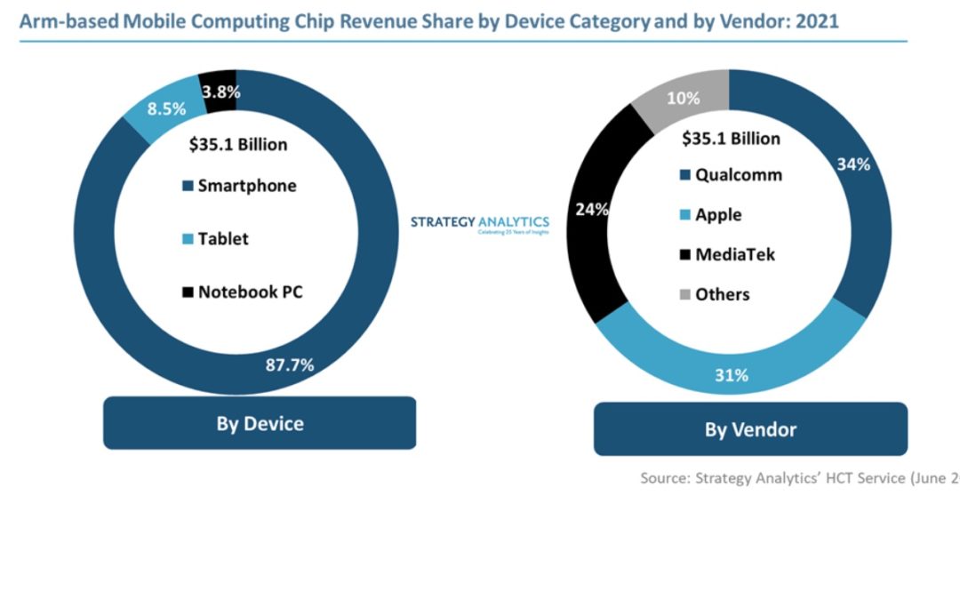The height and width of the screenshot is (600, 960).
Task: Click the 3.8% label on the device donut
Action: [221, 91]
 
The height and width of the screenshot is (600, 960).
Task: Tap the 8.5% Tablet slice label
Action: [167, 110]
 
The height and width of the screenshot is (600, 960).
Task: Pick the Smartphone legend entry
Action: [239, 186]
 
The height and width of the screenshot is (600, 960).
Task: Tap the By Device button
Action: [260, 423]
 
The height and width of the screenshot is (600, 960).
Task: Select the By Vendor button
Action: [750, 429]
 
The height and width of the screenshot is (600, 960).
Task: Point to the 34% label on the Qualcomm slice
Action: [852, 164]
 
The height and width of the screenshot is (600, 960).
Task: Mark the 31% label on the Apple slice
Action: [731, 375]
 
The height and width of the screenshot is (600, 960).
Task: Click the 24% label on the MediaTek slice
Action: [592, 211]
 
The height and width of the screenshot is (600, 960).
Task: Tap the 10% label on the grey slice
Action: [683, 99]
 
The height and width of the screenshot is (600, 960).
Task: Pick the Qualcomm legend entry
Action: [731, 174]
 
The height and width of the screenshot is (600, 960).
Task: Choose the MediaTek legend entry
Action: [726, 254]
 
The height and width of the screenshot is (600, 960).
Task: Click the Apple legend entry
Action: [710, 214]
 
